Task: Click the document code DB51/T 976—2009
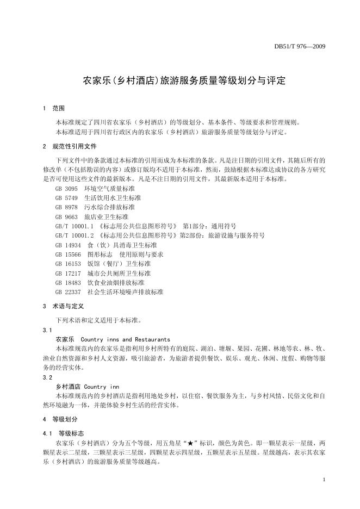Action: point(299,46)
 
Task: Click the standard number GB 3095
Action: point(66,188)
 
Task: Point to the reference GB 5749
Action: point(66,197)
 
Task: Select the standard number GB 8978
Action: point(66,207)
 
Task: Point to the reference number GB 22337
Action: point(68,292)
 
